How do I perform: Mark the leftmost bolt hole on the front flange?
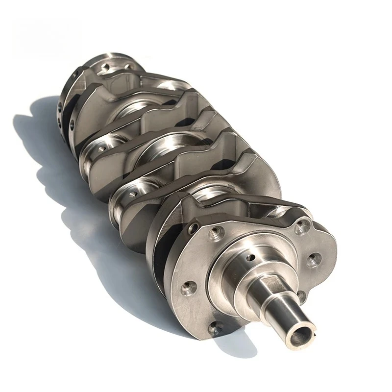[x=187, y=288]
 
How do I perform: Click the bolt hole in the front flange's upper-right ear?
[x=302, y=226]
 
